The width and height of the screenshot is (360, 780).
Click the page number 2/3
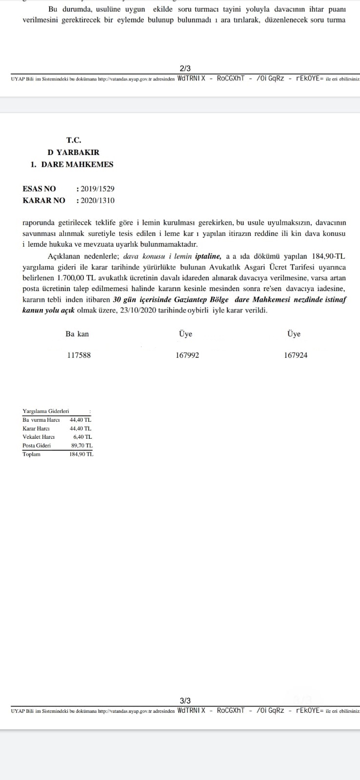click(x=185, y=69)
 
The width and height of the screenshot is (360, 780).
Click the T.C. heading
click(x=74, y=140)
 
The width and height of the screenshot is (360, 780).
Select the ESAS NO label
click(x=39, y=189)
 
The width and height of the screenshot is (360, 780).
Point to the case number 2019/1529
click(x=98, y=189)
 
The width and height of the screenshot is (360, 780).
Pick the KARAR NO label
click(x=43, y=200)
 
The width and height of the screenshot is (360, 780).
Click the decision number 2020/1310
click(x=98, y=200)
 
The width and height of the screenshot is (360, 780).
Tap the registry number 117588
click(x=79, y=355)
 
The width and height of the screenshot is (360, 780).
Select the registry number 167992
click(x=187, y=355)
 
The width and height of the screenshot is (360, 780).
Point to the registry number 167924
click(x=296, y=355)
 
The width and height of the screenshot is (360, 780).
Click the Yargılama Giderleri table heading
click(x=46, y=411)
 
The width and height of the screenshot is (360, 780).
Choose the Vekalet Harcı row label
click(x=39, y=437)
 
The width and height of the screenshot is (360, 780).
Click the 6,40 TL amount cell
click(x=82, y=437)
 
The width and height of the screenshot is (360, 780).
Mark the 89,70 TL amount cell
click(x=82, y=446)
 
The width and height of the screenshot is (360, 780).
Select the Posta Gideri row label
click(x=37, y=446)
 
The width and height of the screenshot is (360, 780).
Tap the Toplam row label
click(x=32, y=454)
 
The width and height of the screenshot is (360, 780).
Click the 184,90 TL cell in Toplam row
click(x=81, y=454)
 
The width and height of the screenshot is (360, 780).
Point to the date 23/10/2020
click(x=137, y=310)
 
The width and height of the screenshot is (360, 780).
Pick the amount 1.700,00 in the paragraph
click(x=71, y=278)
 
